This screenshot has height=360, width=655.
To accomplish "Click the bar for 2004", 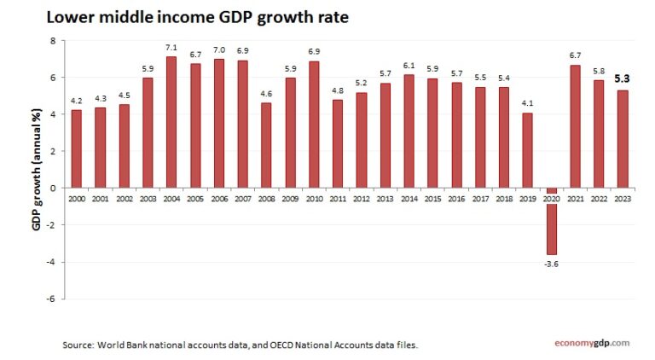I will pos(171,122).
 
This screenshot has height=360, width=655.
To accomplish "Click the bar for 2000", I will pos(77,148).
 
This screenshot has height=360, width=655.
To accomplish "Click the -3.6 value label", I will pos(552,264).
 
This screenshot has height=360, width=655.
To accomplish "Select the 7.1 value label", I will pos(171,48).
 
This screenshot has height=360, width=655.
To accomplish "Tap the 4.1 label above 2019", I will pos(528,104).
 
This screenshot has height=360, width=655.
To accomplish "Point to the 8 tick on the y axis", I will pos(52,41).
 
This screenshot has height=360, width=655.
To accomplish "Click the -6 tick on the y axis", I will pos(50,299).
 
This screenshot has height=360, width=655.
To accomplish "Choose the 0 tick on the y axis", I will pos(52,188).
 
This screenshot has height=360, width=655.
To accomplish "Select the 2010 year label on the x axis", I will pos(314,197).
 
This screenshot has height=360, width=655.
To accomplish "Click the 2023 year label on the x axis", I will pos(623,197).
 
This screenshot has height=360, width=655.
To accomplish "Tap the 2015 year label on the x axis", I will pos(432,197).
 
